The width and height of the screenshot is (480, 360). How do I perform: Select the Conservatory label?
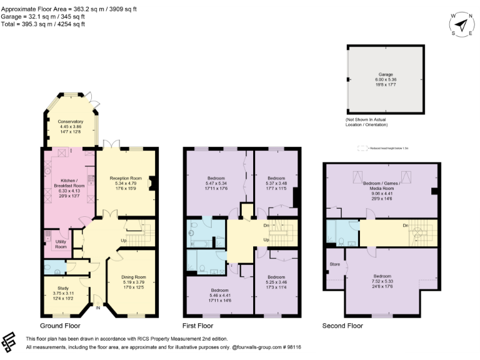pyautogui.click(x=70, y=121)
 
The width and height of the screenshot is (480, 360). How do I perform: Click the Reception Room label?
pyautogui.click(x=126, y=178)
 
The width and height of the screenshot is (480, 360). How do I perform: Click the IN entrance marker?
pyautogui.click(x=98, y=306)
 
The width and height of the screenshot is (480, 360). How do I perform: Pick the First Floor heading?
pyautogui.click(x=199, y=326)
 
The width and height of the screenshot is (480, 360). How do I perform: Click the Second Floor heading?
pyautogui.click(x=343, y=326)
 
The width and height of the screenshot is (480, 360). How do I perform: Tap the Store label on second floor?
pyautogui.click(x=334, y=264)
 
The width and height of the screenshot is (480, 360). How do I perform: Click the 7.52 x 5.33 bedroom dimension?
pyautogui.click(x=382, y=281)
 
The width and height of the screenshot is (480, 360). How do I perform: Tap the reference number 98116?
pyautogui.click(x=291, y=346)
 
